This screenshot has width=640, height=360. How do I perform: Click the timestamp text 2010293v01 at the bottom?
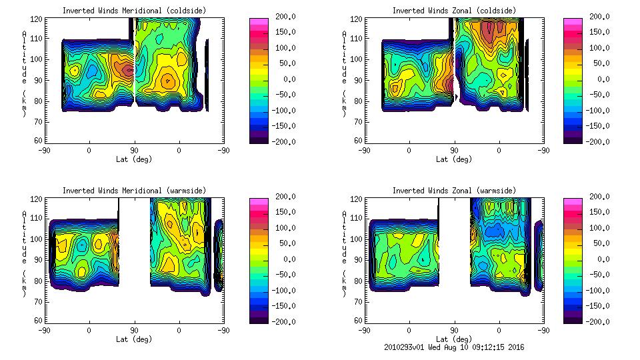pyautogui.click(x=407, y=347)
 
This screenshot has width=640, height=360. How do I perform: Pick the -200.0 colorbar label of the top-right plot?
pyautogui.click(x=600, y=141)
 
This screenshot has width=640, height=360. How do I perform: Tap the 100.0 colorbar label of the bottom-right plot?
pyautogui.click(x=600, y=227)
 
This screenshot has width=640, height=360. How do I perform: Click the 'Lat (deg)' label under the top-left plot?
pyautogui.click(x=134, y=159)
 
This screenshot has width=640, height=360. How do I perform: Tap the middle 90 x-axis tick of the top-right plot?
pyautogui.click(x=454, y=151)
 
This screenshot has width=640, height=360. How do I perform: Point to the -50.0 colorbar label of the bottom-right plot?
pyautogui.click(x=600, y=275)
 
